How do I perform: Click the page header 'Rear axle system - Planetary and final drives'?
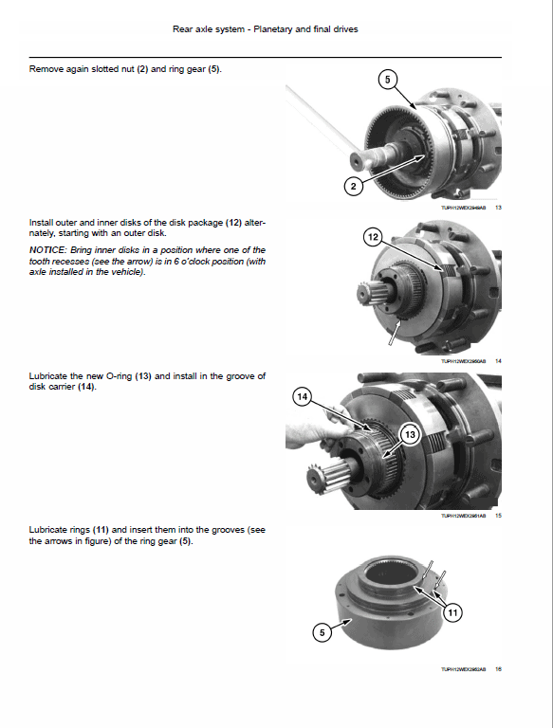[265, 29]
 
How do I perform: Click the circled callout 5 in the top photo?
[385, 80]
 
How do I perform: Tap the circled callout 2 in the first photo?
[353, 187]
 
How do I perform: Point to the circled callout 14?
[303, 399]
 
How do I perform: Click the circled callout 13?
[411, 434]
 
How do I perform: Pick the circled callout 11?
[452, 613]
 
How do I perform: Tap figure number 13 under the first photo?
[498, 208]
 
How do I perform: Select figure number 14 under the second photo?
[498, 361]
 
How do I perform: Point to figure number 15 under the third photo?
[498, 516]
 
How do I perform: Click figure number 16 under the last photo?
[498, 669]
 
